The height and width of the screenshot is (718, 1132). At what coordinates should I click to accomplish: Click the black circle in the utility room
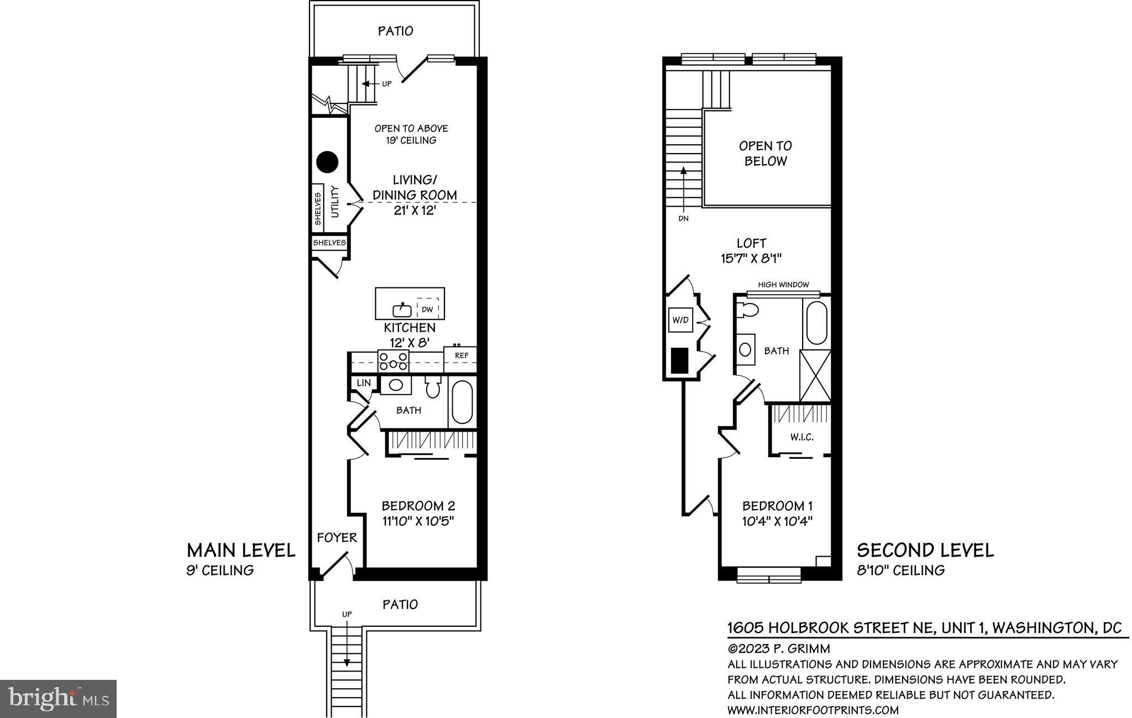(327, 162)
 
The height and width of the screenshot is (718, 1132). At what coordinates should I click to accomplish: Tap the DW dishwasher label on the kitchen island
(427, 310)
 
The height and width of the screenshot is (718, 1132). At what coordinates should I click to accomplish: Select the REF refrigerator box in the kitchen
(460, 359)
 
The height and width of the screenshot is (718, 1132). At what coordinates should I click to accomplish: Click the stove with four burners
(393, 361)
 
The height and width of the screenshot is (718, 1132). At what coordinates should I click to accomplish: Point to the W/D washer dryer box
(680, 319)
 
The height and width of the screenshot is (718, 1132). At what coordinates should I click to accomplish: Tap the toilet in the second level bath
(748, 310)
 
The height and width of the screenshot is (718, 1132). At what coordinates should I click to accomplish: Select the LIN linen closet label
(364, 382)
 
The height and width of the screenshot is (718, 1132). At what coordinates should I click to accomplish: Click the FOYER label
(337, 537)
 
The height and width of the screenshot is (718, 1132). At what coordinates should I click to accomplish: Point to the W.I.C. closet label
(801, 437)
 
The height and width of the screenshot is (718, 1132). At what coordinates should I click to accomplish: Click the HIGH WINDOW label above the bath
(783, 285)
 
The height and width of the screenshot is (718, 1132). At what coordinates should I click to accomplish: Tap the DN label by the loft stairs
(683, 218)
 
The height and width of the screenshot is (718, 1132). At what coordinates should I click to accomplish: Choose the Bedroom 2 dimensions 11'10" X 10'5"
(418, 521)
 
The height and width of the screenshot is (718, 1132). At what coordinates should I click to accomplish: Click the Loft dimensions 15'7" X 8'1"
(751, 258)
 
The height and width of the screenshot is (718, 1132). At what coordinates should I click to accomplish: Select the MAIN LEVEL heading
(241, 550)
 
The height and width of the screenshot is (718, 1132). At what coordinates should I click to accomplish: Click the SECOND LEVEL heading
(925, 550)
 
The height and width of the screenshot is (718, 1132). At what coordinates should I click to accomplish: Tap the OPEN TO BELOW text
(766, 153)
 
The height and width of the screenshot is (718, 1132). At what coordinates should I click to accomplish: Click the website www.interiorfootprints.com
(813, 710)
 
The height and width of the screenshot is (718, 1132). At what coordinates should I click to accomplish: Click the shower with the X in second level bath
(815, 375)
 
